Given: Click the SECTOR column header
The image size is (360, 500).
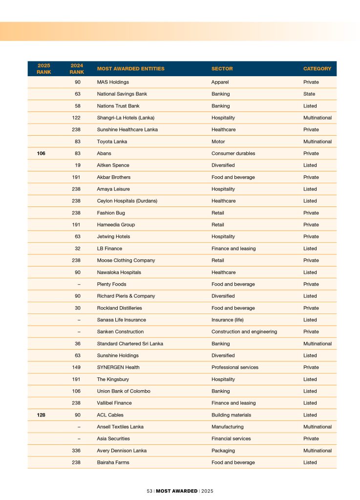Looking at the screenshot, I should pyautogui.click(x=222, y=69).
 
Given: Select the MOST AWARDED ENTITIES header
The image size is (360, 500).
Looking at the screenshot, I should pyautogui.click(x=130, y=69).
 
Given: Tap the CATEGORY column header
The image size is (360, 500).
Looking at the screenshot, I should pyautogui.click(x=317, y=69).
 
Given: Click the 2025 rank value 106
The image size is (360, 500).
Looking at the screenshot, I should pyautogui.click(x=41, y=153).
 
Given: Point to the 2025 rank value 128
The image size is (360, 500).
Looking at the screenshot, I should pyautogui.click(x=41, y=415).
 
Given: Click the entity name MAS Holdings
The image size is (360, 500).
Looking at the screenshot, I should pyautogui.click(x=113, y=82).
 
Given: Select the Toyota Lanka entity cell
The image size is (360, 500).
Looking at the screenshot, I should pyautogui.click(x=112, y=142).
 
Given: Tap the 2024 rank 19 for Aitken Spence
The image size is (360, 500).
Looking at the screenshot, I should pyautogui.click(x=78, y=166).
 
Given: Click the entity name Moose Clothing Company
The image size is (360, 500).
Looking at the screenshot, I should pyautogui.click(x=126, y=260).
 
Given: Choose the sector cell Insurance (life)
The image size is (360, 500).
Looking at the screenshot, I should pyautogui.click(x=227, y=320).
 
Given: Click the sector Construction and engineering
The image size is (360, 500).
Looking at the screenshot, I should pyautogui.click(x=244, y=332).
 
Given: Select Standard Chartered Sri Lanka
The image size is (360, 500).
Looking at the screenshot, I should pyautogui.click(x=130, y=344).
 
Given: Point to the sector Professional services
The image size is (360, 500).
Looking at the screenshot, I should pyautogui.click(x=235, y=367).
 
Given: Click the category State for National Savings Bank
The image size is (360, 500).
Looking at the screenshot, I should pyautogui.click(x=309, y=94).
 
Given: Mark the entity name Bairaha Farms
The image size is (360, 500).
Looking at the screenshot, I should pyautogui.click(x=113, y=462).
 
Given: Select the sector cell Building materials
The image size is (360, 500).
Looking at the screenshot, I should pyautogui.click(x=231, y=415).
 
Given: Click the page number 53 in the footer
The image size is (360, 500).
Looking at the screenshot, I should pyautogui.click(x=150, y=491).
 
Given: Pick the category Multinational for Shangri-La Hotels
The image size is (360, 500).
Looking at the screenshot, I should pyautogui.click(x=318, y=118).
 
